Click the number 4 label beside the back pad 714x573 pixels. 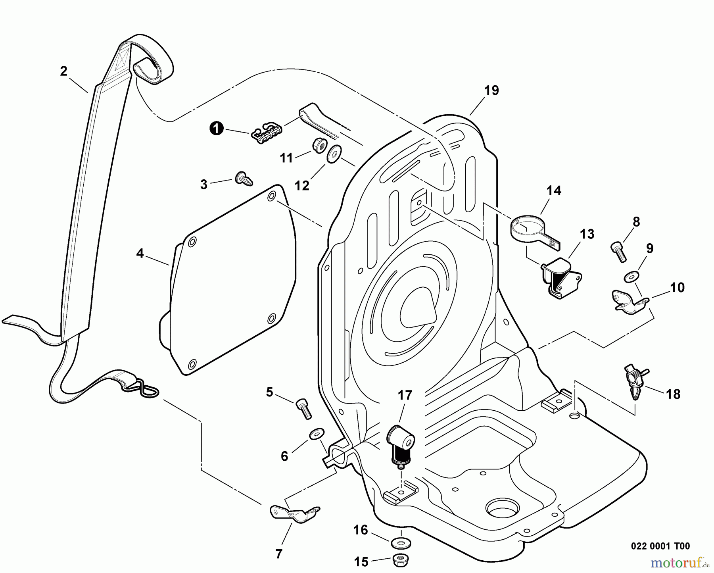140,253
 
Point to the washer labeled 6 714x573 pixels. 316,433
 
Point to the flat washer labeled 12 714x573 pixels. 335,154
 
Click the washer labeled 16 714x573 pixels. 401,542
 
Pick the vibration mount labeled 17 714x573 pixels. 401,444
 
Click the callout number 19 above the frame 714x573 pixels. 491,90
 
